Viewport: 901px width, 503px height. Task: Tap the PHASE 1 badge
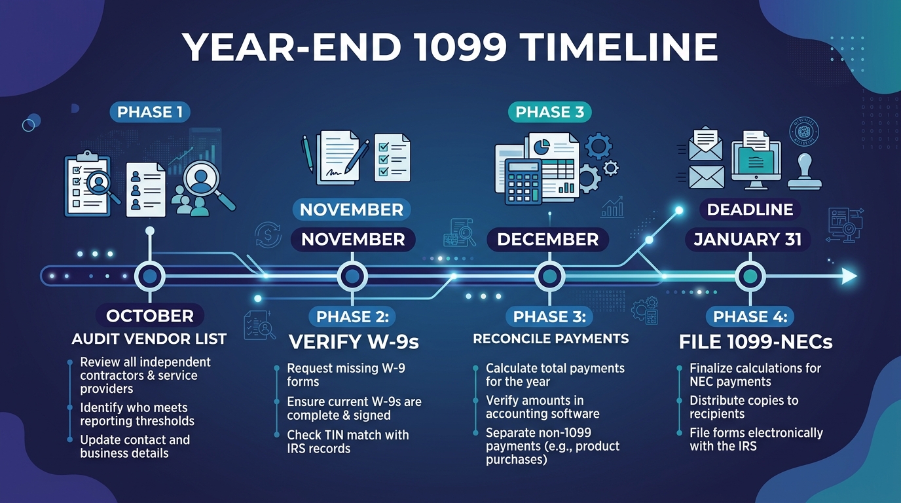(x=150, y=112)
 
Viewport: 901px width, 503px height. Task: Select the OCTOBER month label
(x=150, y=316)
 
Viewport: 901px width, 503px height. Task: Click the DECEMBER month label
(x=548, y=240)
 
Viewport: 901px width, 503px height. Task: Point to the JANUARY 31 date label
(x=748, y=240)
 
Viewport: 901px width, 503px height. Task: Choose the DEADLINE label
(x=750, y=209)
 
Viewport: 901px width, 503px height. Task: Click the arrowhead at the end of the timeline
(x=849, y=276)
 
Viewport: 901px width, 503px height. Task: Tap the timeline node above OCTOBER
(x=150, y=276)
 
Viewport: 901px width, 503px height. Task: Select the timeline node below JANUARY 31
(x=750, y=276)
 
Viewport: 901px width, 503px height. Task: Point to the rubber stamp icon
(x=805, y=172)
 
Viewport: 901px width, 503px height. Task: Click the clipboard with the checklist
(x=87, y=184)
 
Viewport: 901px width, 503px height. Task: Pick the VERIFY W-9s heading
(x=354, y=342)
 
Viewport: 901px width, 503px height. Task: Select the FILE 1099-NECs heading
(x=756, y=342)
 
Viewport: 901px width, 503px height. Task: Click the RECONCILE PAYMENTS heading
(x=551, y=339)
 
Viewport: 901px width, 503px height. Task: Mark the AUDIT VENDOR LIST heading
(x=149, y=339)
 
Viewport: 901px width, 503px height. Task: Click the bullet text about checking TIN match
(x=348, y=441)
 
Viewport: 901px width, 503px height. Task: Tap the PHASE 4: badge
(x=750, y=317)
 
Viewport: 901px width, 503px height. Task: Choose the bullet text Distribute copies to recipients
(x=744, y=407)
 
